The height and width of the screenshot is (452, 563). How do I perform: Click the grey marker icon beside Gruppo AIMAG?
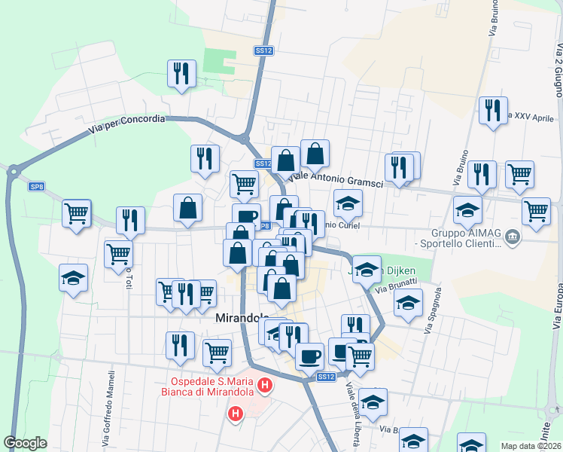point(513,238)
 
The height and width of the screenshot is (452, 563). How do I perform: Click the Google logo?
point(25,443)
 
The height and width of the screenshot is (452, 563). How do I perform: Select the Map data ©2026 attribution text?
point(531,446)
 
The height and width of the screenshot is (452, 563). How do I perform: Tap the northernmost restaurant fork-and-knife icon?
point(181,73)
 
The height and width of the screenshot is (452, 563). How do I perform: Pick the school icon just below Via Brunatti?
point(408,304)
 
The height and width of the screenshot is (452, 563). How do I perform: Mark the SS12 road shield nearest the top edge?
point(263,50)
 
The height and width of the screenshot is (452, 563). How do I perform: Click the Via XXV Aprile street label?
point(532,118)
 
